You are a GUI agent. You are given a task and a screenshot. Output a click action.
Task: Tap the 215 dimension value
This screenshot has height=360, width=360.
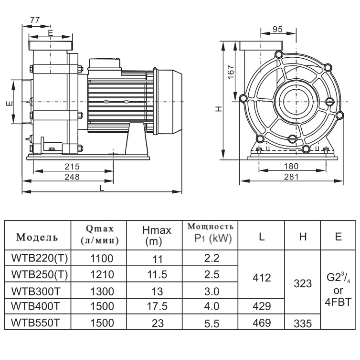click(x=72, y=167)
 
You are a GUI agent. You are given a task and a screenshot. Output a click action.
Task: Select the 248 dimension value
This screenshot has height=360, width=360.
click(x=72, y=177)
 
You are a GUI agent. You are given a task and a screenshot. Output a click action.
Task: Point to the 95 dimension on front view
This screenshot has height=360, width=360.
click(x=277, y=29)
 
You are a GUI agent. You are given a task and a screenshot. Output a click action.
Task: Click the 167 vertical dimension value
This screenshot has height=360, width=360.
click(x=230, y=72)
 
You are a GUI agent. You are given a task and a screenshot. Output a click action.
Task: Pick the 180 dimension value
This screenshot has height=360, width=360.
click(x=291, y=166)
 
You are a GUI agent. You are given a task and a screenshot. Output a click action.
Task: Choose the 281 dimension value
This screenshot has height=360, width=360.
click(x=291, y=177)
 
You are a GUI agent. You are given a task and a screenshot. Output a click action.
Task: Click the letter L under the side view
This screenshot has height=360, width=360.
click(x=102, y=188)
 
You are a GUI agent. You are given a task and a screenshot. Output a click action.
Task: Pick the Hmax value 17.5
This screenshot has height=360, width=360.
click(x=157, y=306)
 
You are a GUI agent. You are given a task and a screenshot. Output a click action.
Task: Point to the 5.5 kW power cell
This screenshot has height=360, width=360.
click(x=212, y=323)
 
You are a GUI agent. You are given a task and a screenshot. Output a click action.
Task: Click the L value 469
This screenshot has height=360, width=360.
click(x=262, y=323)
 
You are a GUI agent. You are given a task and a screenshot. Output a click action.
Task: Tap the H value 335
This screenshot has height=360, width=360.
click(x=303, y=323)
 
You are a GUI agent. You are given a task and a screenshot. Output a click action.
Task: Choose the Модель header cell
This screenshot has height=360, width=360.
click(x=37, y=237)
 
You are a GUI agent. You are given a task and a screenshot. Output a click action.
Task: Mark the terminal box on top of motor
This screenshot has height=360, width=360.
click(x=104, y=64)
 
